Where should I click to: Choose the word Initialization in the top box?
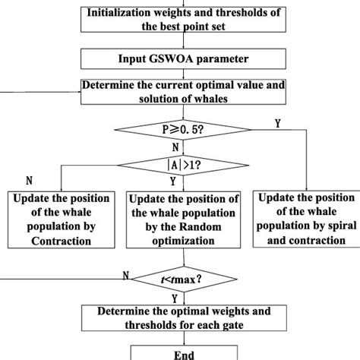[123, 13]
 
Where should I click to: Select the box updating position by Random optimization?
[185, 219]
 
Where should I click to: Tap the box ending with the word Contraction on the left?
[61, 219]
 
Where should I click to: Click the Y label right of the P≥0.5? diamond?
[277, 123]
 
